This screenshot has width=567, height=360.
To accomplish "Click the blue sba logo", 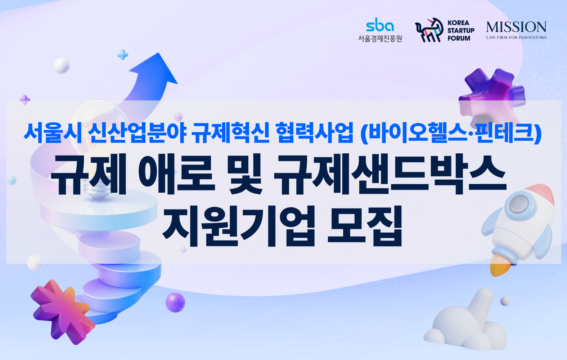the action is pos(380,24).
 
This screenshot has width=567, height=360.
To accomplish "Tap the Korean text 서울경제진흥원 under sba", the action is pos(380,39).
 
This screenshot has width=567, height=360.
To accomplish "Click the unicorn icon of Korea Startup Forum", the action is pos(429,30).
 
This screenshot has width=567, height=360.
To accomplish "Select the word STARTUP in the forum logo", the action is pos(461,30).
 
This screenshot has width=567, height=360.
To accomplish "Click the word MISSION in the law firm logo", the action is pos(516,27).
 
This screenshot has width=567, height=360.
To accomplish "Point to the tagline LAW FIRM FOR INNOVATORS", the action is pos(516,37).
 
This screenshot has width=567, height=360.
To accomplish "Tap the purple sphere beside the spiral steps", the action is pos(175,302).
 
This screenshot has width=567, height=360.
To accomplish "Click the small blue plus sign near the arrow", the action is pos(122,54).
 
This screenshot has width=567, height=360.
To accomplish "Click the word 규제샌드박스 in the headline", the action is pos(390,175).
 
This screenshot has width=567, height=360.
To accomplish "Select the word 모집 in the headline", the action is pos(365,226).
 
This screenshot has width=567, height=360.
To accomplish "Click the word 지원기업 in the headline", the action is pos(238,226).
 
